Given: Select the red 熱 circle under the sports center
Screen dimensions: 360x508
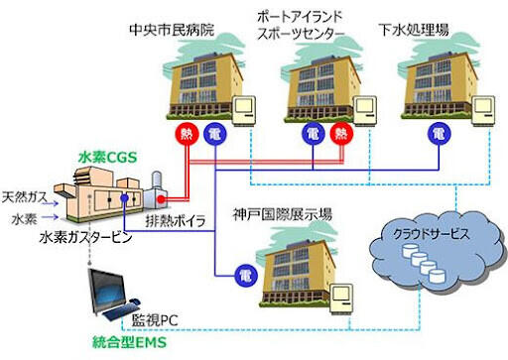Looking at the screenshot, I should coord(342,133).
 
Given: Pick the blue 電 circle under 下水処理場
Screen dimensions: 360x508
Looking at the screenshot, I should coord(438,133).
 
